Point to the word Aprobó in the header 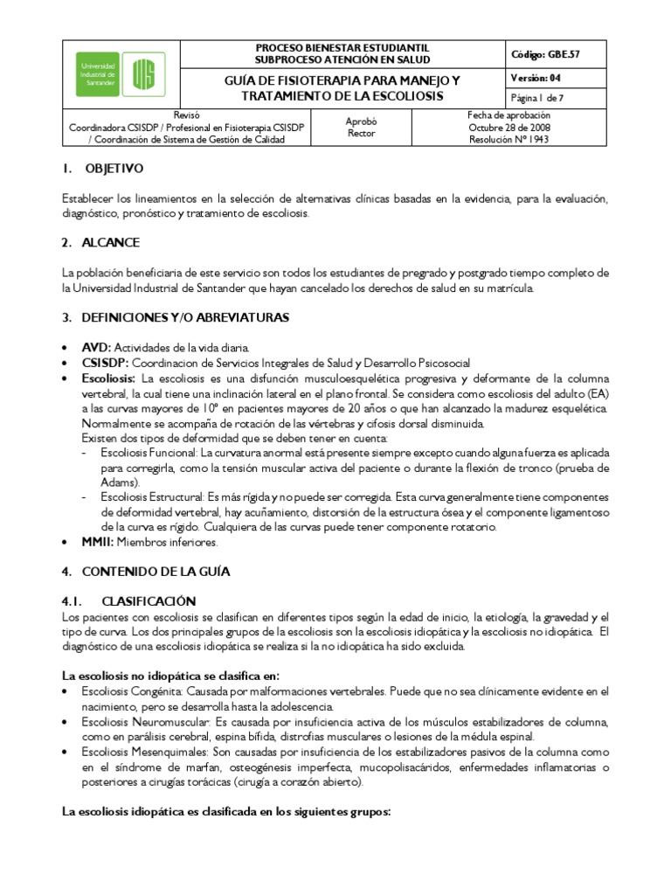coord(361,124)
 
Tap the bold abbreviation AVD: coord(97,346)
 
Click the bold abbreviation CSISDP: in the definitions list coord(106,362)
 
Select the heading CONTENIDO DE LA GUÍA coord(156,572)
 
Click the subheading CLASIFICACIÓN coord(149,601)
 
